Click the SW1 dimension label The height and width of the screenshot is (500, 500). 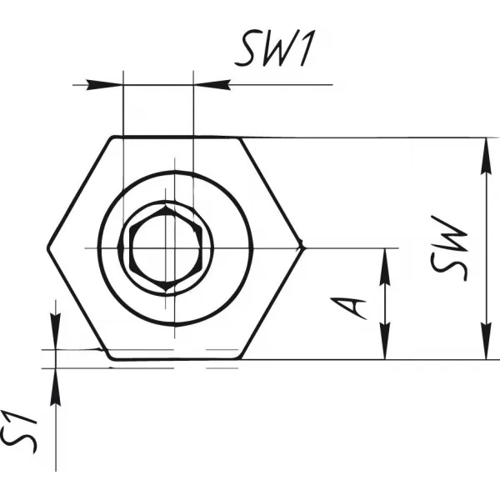(276, 48)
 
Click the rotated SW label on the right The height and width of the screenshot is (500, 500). (449, 248)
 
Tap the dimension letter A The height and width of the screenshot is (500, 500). (348, 308)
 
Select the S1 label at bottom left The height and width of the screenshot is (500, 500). (18, 432)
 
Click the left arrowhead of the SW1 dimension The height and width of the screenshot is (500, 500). (104, 85)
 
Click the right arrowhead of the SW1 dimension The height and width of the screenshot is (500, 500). (212, 85)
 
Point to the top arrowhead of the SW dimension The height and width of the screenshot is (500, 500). (486, 157)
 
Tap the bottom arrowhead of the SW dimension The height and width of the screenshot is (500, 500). (486, 341)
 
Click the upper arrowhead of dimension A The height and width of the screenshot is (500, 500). (385, 267)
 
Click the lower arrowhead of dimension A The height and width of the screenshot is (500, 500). (385, 341)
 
